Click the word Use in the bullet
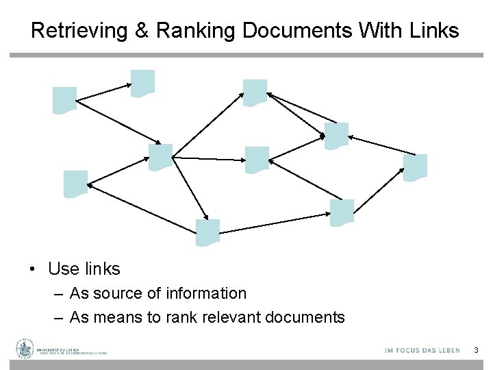[x=62, y=269]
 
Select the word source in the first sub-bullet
[x=116, y=294]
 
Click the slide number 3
[x=475, y=351]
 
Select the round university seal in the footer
[x=25, y=349]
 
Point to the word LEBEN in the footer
[x=446, y=351]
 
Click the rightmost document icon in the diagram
[x=415, y=168]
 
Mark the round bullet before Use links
[x=33, y=270]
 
